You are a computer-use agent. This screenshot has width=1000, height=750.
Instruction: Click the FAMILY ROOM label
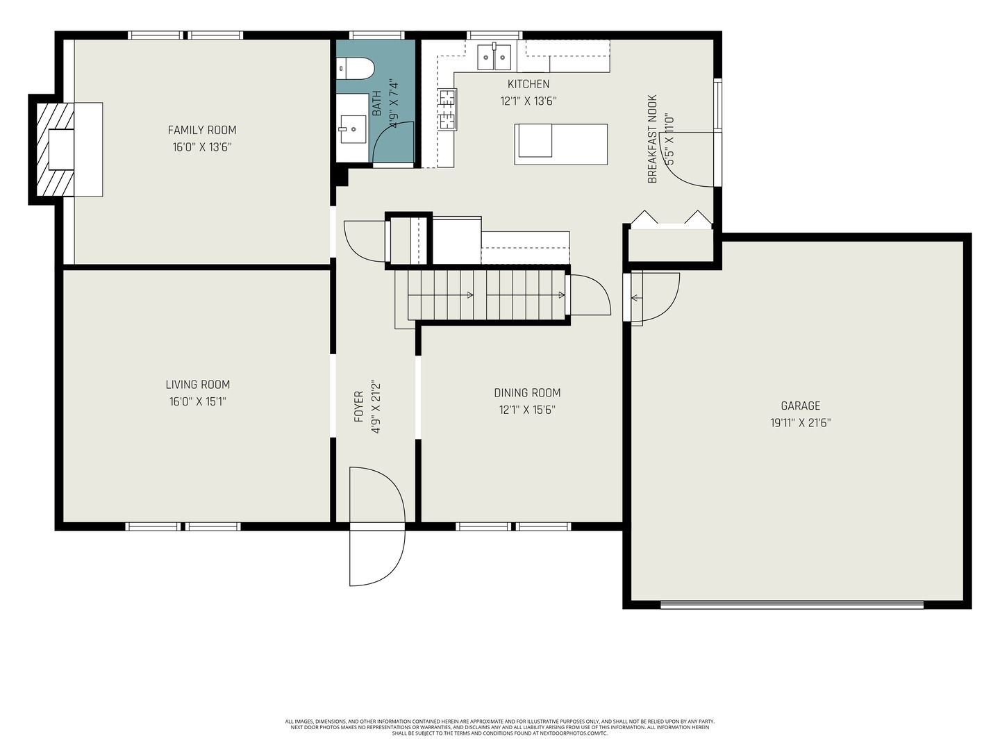pos(202,130)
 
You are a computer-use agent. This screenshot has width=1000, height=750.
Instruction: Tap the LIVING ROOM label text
pos(198,384)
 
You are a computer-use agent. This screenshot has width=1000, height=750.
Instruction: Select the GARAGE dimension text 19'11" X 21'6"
pos(800,422)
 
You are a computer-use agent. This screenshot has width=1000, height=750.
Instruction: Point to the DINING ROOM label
pos(527,392)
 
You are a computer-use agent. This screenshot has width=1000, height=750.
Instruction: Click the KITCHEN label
pos(528,84)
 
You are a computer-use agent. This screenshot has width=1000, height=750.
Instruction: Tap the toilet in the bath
pos(356,68)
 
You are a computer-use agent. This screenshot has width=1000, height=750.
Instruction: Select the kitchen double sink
pos(494,57)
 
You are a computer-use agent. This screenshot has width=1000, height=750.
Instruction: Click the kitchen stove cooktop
pos(447,110)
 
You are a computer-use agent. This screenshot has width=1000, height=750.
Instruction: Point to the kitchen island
pos(561,144)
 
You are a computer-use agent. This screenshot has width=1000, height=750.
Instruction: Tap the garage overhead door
pos(792,604)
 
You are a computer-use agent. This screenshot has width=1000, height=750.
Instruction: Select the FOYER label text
pos(359,406)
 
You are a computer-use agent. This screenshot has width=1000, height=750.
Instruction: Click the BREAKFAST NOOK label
pos(652,139)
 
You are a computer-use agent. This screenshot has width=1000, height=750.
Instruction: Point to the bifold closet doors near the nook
pos(670,218)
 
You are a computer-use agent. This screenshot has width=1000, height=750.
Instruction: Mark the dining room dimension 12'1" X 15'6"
pos(527,410)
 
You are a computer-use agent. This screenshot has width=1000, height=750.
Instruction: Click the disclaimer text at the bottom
pos(499,727)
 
